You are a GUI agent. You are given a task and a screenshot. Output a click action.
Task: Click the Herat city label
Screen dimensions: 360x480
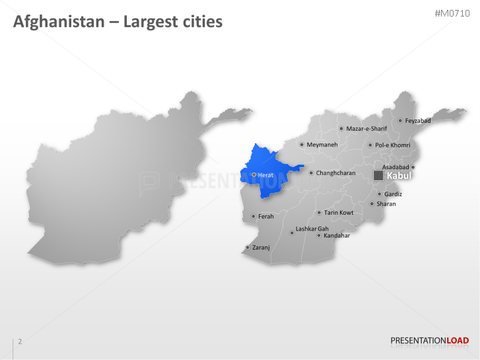point(265,175)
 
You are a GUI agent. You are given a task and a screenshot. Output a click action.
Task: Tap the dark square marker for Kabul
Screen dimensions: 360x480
point(378,176)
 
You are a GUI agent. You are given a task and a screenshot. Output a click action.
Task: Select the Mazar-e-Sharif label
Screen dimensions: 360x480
point(366,129)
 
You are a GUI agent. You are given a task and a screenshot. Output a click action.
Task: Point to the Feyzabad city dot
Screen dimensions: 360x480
point(400,121)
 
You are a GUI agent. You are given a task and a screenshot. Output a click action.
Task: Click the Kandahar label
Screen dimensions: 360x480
point(337,235)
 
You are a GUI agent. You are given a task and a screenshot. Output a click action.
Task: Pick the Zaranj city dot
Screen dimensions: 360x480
point(248,248)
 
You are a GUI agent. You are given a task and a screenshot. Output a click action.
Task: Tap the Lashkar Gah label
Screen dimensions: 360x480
point(312,229)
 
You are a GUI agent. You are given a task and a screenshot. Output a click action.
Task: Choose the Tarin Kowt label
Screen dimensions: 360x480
point(339,213)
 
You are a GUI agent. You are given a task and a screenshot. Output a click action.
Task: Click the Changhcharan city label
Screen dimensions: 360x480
point(335,173)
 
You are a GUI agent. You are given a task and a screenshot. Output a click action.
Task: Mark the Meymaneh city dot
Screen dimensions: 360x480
point(302,145)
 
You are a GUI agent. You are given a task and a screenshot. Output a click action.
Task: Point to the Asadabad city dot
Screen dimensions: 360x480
point(413,168)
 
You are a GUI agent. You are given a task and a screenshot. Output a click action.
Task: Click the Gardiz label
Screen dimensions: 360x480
point(393,194)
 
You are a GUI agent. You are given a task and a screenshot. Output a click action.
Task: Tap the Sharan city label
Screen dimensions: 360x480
point(386,204)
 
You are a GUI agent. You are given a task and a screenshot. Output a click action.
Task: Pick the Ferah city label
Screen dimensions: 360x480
point(265,216)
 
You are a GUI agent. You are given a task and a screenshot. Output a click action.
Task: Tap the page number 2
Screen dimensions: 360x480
point(20,342)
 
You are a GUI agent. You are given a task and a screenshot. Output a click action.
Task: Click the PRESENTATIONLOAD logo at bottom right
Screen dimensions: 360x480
point(430,341)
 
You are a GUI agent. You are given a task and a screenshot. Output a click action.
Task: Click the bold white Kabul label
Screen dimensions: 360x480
point(399,176)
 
